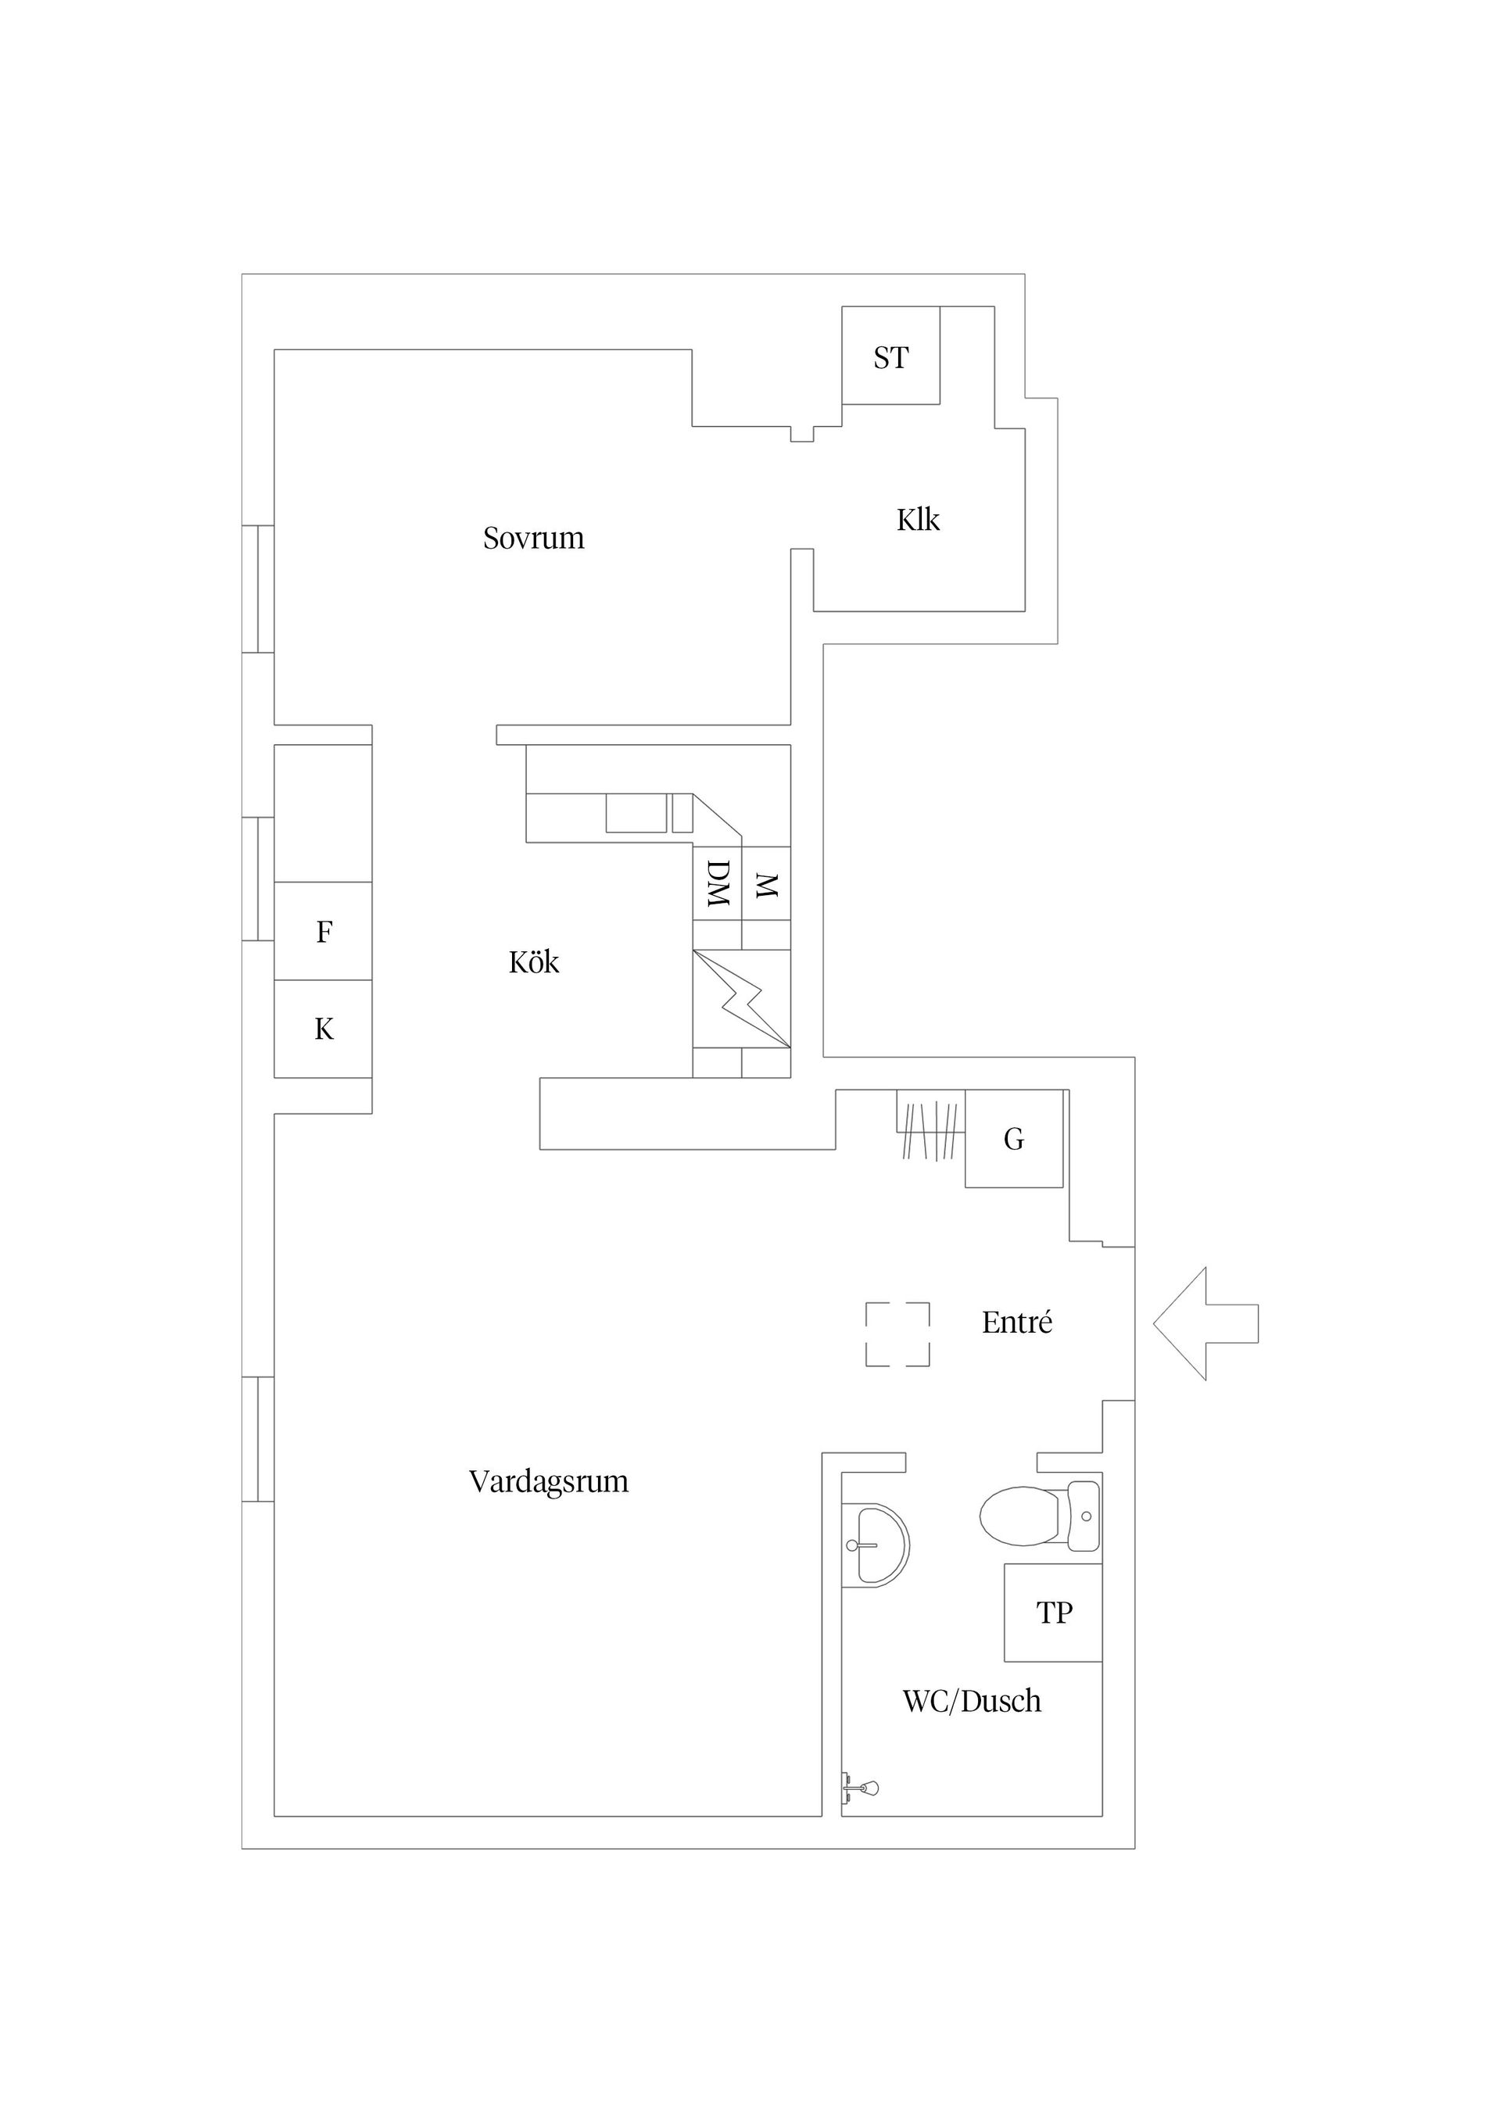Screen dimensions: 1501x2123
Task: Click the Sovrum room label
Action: (x=534, y=538)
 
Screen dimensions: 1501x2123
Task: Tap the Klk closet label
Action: (x=918, y=520)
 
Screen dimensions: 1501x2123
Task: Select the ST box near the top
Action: (x=890, y=355)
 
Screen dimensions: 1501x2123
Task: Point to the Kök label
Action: (x=534, y=962)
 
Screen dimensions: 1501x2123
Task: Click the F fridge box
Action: (x=323, y=931)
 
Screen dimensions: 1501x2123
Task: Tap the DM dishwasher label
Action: (x=718, y=884)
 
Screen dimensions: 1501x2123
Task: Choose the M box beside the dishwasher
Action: (x=766, y=884)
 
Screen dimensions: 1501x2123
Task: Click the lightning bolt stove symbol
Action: (x=742, y=1000)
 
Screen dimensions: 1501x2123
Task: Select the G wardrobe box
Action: (x=1014, y=1139)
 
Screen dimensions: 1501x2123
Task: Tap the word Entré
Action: (x=1016, y=1323)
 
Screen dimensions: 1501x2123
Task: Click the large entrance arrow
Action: (x=1205, y=1323)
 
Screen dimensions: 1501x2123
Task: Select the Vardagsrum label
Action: (x=549, y=1482)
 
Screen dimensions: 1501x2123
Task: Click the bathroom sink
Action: (x=875, y=1545)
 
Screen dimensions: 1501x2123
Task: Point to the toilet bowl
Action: (x=1020, y=1516)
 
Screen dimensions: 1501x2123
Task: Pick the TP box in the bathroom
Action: (x=1053, y=1613)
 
